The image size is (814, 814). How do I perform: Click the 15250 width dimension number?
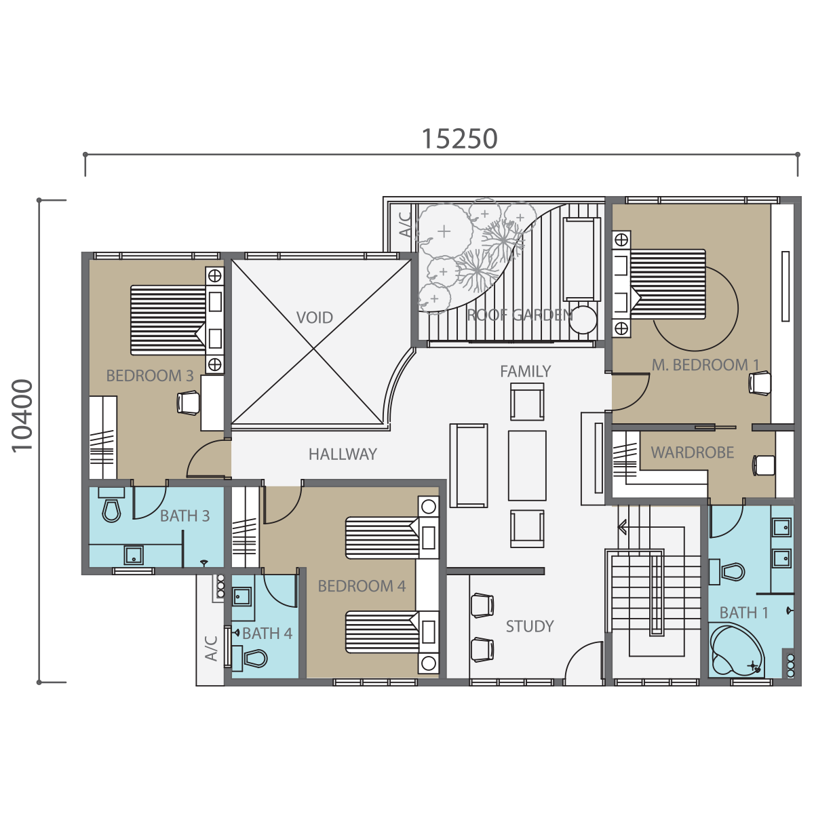(x=460, y=138)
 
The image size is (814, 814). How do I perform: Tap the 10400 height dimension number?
(x=22, y=416)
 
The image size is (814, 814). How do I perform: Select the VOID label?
(x=314, y=317)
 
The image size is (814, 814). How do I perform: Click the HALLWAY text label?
(x=343, y=454)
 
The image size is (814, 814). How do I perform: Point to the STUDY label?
(x=530, y=626)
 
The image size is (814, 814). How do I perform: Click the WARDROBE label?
(x=693, y=452)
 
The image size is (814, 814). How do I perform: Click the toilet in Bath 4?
(x=250, y=659)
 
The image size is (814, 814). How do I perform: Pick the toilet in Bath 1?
(x=727, y=572)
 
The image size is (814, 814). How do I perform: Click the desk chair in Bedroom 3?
(x=188, y=402)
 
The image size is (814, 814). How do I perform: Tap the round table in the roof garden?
(x=584, y=319)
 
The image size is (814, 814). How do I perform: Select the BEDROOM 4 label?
(x=362, y=586)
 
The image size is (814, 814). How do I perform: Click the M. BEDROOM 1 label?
(x=705, y=365)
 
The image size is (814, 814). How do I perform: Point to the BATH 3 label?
(x=185, y=516)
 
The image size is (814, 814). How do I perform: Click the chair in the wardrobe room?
(x=763, y=465)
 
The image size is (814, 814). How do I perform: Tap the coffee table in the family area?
(x=527, y=465)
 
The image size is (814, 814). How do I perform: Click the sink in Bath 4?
(x=242, y=597)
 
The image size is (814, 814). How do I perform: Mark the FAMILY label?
(x=526, y=371)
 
